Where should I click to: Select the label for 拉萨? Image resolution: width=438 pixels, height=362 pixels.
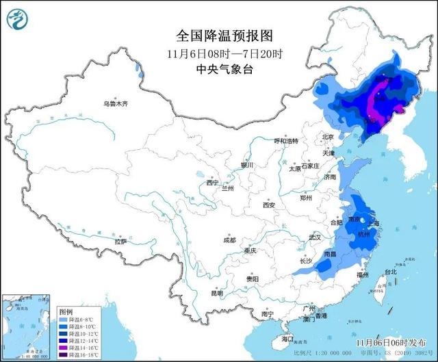[121, 242]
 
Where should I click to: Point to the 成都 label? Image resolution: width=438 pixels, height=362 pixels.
[229, 240]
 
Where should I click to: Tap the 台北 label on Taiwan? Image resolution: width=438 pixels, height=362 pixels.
[391, 272]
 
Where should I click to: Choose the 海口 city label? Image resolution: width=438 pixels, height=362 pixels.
[287, 339]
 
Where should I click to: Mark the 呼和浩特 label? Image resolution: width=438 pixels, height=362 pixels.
[287, 141]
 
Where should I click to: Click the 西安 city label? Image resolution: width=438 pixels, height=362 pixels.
[268, 205]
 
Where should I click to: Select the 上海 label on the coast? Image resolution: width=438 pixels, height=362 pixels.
[373, 223]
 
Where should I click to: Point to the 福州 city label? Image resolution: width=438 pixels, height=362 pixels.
[363, 274]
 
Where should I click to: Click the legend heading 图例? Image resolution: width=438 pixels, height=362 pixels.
[65, 311]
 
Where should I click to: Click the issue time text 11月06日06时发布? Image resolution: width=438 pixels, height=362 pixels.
[389, 340]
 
